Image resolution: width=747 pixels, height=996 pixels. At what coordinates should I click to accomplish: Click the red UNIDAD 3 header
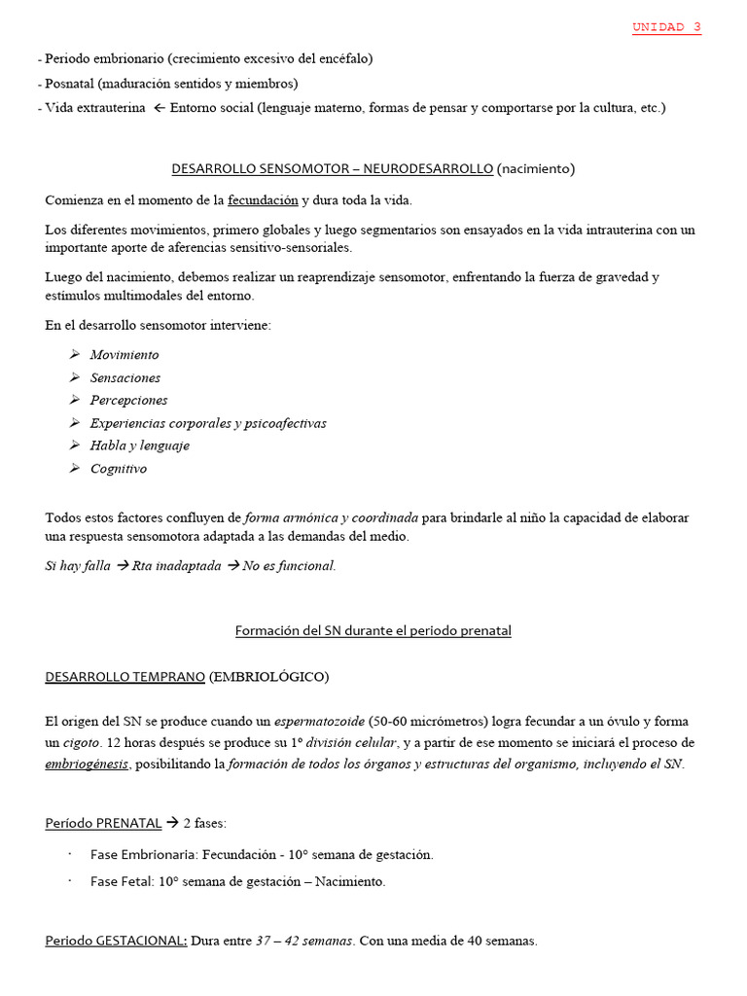coord(666,27)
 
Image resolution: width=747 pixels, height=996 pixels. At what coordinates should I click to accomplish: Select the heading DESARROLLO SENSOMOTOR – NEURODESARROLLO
coord(333,168)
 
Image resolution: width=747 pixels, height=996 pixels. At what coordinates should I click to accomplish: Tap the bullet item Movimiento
coord(124,355)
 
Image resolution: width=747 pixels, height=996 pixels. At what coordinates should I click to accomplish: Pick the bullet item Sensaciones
coord(125,377)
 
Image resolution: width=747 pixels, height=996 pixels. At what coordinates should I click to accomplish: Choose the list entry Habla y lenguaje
coord(139,445)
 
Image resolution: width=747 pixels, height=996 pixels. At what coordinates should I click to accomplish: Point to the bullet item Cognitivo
coord(119,469)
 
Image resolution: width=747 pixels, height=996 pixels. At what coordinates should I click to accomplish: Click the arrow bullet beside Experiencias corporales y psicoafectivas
coord(75,423)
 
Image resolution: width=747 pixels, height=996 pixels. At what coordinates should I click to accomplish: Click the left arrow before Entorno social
coord(160,108)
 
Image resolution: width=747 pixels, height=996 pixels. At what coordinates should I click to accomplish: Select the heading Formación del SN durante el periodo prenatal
coord(373,630)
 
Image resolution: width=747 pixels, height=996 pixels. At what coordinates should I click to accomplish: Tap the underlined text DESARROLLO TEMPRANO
coord(124,676)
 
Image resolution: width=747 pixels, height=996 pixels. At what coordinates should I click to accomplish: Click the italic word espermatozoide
coord(319,722)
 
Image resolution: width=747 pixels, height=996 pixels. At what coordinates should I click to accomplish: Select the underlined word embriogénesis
coord(87,765)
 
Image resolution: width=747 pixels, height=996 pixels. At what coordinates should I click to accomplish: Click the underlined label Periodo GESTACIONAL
coord(116,942)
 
